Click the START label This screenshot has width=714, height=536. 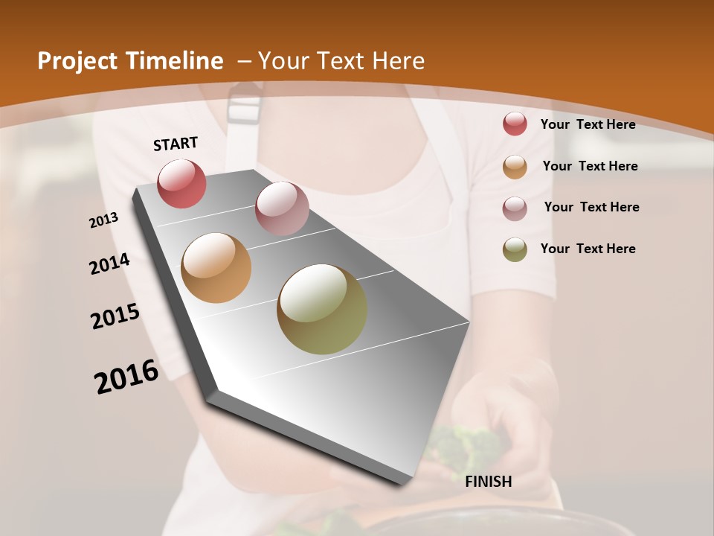(176, 143)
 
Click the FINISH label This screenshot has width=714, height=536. (488, 482)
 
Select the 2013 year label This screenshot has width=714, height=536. (104, 220)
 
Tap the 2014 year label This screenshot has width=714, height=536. (109, 264)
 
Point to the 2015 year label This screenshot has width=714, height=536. (115, 316)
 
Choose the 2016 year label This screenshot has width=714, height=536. (126, 376)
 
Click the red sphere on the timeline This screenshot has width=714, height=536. (181, 183)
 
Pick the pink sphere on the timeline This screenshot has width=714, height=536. (282, 208)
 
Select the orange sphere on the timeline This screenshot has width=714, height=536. (216, 268)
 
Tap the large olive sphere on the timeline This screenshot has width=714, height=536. (322, 309)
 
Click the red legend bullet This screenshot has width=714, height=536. (515, 124)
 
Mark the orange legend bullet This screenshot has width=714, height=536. (515, 167)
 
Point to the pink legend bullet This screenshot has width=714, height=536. (515, 208)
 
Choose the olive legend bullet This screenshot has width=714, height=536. (515, 249)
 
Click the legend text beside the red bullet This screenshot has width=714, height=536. (588, 124)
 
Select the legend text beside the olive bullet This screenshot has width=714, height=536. (588, 249)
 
